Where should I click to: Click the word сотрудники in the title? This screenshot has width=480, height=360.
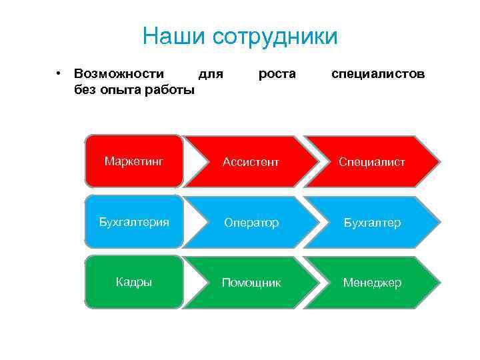pyautogui.click(x=275, y=36)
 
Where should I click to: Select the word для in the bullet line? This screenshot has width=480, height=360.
pyautogui.click(x=211, y=73)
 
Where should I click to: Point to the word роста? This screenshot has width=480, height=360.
pyautogui.click(x=277, y=73)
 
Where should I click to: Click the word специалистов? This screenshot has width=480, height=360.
pyautogui.click(x=378, y=73)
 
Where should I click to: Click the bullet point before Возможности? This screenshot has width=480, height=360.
pyautogui.click(x=59, y=73)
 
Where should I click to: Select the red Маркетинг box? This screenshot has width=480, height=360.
pyautogui.click(x=134, y=161)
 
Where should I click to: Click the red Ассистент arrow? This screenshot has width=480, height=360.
pyautogui.click(x=251, y=162)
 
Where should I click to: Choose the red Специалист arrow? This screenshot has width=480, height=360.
pyautogui.click(x=371, y=162)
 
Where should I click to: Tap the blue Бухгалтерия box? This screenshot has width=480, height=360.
pyautogui.click(x=134, y=221)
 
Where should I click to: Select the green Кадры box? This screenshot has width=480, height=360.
pyautogui.click(x=134, y=282)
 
